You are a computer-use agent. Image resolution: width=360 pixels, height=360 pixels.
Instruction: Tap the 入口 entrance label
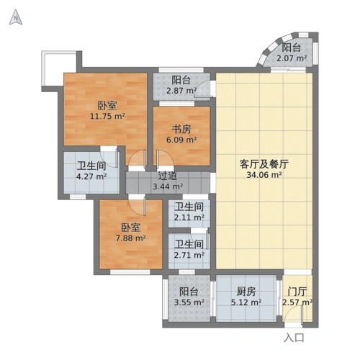click(294, 337)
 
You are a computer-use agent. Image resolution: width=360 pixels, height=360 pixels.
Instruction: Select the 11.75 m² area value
click(107, 116)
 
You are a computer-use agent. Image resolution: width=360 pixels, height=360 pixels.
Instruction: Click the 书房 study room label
click(181, 130)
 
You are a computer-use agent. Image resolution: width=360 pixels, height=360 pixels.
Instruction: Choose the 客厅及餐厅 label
click(264, 163)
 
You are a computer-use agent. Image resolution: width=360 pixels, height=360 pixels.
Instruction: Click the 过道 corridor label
click(168, 176)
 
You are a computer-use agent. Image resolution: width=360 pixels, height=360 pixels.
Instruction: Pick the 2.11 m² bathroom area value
click(189, 217)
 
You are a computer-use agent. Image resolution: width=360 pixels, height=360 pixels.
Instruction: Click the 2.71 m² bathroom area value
click(189, 254)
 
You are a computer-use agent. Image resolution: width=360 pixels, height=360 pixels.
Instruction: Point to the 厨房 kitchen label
click(246, 292)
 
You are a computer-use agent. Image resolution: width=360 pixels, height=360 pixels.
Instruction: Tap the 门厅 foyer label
click(297, 292)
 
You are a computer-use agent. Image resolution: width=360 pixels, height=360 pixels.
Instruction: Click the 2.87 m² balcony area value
click(181, 91)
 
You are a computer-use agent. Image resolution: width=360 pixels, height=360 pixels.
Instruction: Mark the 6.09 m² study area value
click(181, 140)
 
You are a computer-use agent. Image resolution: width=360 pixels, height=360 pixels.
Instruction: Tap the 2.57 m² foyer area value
click(297, 302)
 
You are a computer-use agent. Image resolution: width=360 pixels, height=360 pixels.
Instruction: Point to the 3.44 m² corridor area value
click(167, 186)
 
